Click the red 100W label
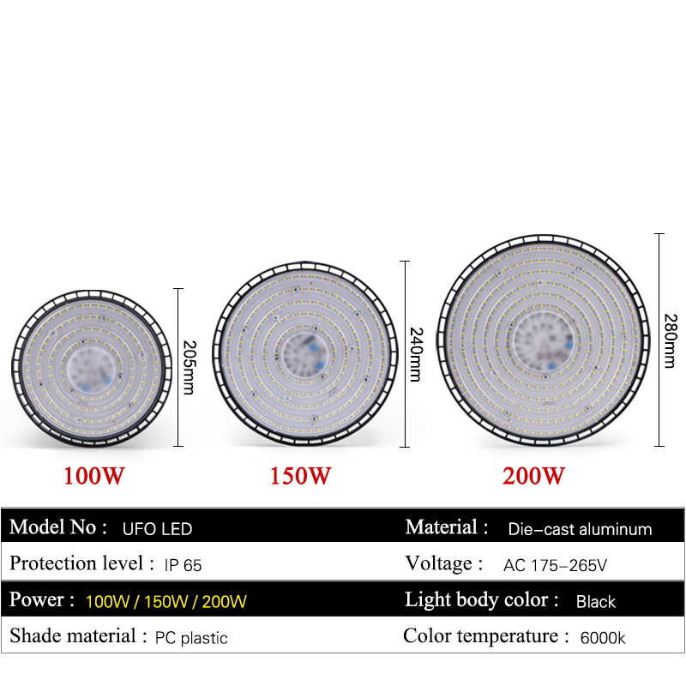point(94,476)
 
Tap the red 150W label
point(300,476)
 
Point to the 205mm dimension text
point(190,367)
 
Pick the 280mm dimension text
point(670,339)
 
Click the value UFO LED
point(158,529)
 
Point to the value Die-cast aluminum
point(580,529)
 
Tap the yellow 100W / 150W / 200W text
point(166,602)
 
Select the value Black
point(596,602)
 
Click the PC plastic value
point(191,638)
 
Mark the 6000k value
point(604,638)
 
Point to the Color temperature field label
point(486,636)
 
